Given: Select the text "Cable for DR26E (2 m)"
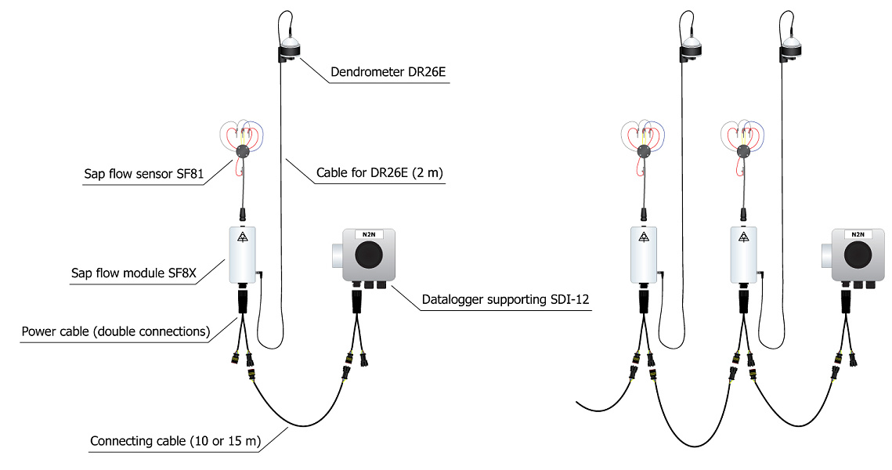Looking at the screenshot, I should tap(380, 172).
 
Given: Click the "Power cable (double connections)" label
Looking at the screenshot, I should tap(117, 331).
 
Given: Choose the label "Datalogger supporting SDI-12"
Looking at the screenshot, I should tap(504, 298).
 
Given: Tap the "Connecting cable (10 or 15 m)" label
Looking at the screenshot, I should tap(175, 441).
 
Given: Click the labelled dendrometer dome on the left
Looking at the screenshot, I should tap(291, 47).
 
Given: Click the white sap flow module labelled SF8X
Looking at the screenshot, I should tap(244, 255).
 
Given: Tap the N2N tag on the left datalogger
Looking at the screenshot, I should tap(367, 234).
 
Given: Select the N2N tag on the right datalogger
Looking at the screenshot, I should tap(858, 234).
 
